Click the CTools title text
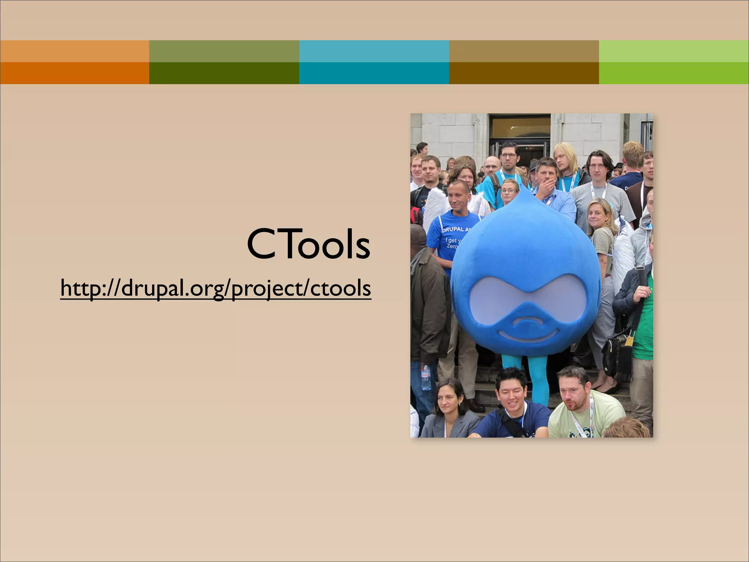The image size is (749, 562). pos(308,244)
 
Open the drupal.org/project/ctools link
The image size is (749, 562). pos(216,288)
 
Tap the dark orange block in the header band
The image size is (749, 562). pos(75,73)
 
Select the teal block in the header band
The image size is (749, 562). pos(374,73)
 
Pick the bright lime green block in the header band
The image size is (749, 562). pos(674,73)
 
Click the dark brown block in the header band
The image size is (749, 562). pos(524,73)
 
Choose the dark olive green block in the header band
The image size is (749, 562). pos(224,73)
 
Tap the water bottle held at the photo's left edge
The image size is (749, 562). pos(425,377)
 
